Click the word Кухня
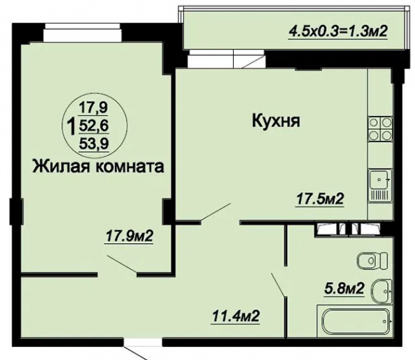[276, 122]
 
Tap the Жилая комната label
[98, 167]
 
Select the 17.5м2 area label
[320, 199]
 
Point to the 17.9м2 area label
[129, 236]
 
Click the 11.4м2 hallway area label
[235, 316]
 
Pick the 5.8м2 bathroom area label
[344, 288]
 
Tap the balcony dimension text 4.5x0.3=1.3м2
[338, 32]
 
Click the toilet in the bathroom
[372, 260]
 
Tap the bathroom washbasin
[382, 292]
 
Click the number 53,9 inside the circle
[94, 144]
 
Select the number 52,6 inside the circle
[94, 126]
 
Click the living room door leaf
[122, 264]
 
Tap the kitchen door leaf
[216, 211]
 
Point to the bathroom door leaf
[278, 285]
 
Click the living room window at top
[83, 32]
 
